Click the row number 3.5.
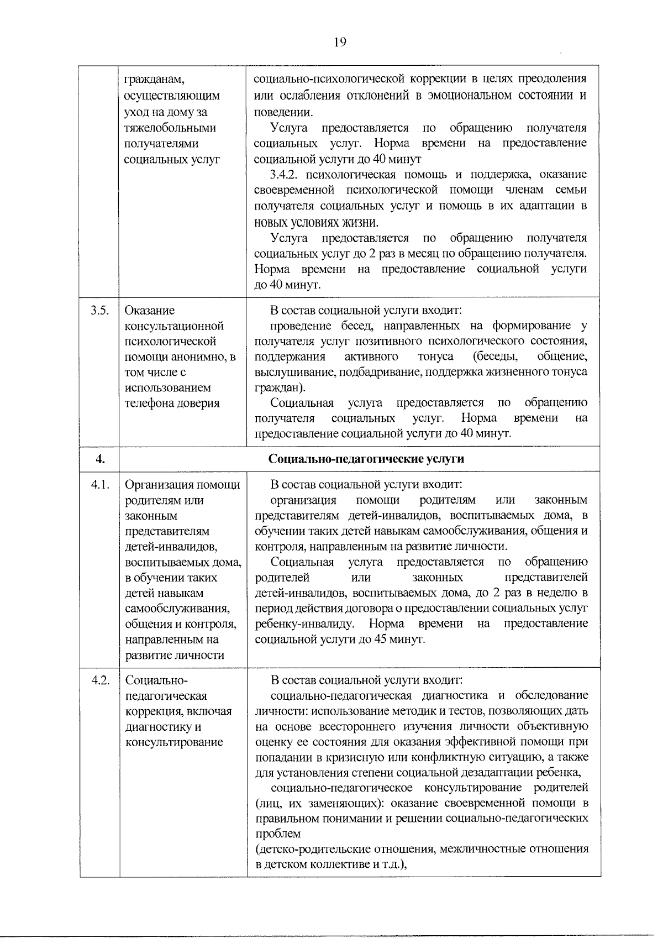coord(99,310)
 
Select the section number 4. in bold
coord(100,459)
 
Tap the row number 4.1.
coord(101,485)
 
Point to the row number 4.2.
coord(101,680)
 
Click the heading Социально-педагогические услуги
coord(366,459)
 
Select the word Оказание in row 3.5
coord(149,310)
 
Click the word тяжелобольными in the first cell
coord(170,128)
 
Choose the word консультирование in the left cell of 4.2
coord(174,742)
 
